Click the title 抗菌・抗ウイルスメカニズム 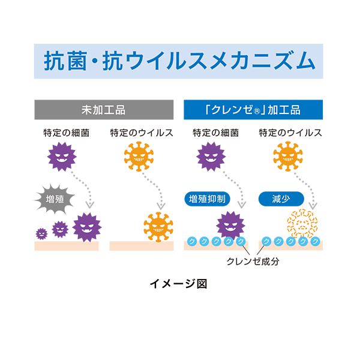point(179,61)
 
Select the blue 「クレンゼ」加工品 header point(253,110)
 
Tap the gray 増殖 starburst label point(53,199)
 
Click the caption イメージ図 point(178,284)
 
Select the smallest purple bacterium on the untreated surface point(41,233)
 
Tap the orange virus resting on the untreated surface point(158,226)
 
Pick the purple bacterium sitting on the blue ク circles point(231,226)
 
